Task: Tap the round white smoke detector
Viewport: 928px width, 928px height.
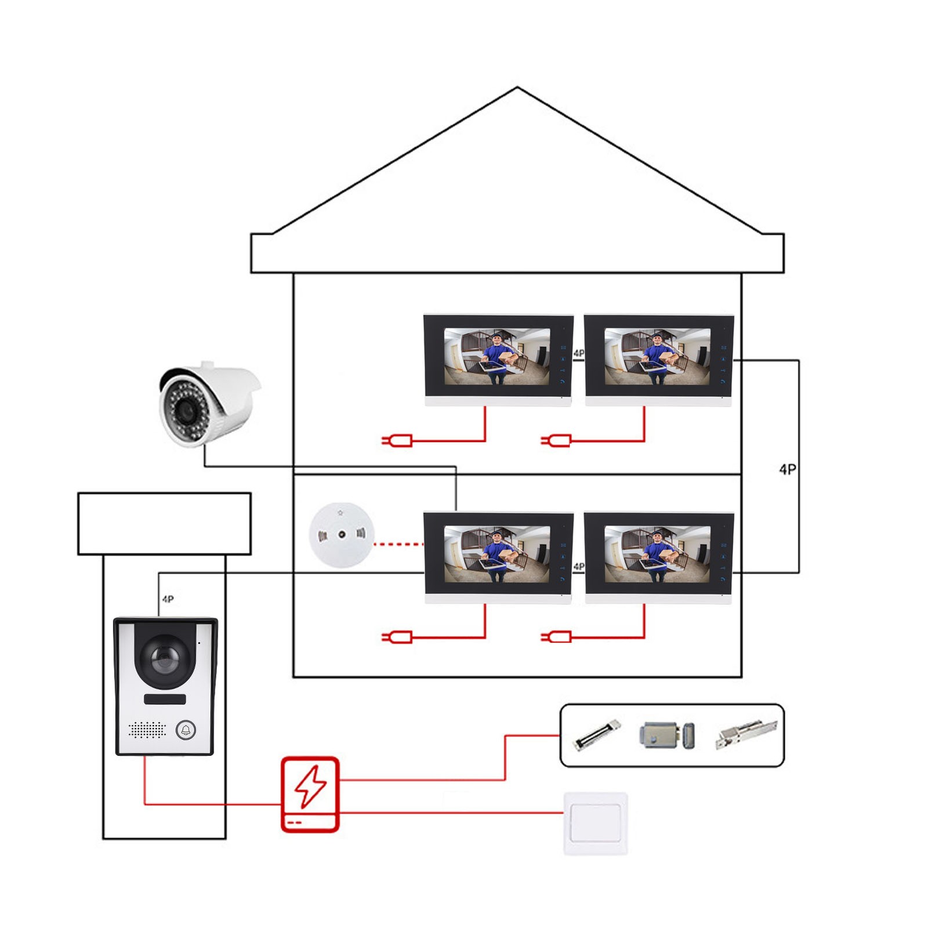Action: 342,535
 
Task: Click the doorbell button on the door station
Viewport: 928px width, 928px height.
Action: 186,730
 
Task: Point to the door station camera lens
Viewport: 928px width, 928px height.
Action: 165,657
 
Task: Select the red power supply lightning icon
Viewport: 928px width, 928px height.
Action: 310,794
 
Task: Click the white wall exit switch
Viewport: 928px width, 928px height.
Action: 596,824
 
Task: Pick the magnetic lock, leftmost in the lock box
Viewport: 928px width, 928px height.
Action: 597,735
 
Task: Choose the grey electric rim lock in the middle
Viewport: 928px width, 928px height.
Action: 667,735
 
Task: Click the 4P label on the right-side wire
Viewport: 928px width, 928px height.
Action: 788,469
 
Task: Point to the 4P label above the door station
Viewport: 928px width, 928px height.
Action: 168,599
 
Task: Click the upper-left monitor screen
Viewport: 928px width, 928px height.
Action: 497,356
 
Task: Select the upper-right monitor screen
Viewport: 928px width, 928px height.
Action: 657,356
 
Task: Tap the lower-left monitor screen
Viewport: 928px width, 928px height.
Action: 497,554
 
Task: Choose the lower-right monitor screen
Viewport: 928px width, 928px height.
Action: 657,554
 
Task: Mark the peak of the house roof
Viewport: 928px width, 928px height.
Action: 517,88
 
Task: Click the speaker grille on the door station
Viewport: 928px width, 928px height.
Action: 147,730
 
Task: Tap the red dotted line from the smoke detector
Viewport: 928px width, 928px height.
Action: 399,544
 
